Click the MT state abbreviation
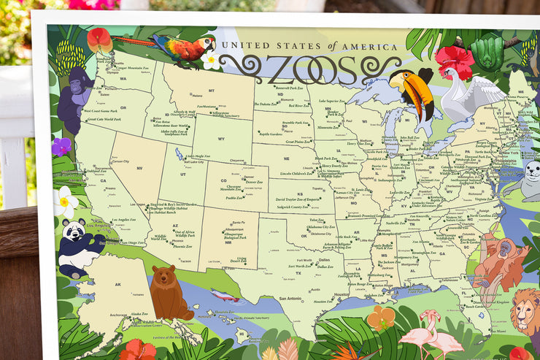[211, 90]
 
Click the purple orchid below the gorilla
[61, 146]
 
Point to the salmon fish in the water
[225, 295]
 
